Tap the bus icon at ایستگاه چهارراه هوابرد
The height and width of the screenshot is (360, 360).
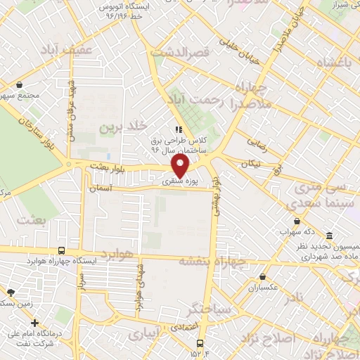[63, 250]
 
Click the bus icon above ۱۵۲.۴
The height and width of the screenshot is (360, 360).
[201, 345]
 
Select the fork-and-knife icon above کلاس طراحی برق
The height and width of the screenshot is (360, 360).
[178, 129]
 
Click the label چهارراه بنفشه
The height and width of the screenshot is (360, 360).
[211, 262]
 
